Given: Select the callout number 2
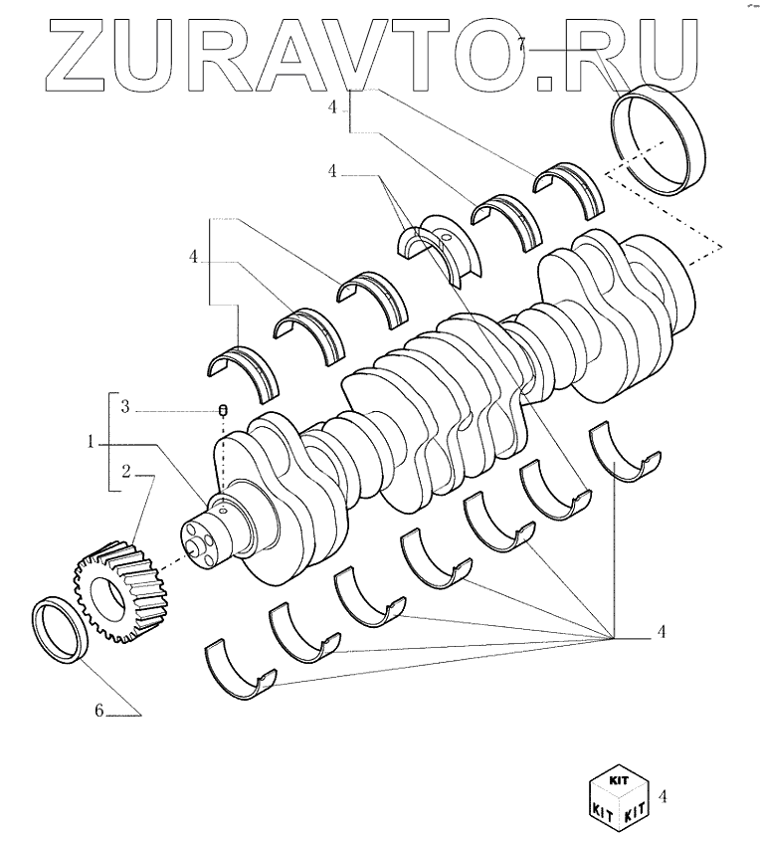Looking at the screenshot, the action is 126,470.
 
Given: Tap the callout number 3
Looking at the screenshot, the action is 124,406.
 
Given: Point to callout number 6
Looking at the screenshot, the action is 98,711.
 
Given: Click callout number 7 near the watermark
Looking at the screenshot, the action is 521,42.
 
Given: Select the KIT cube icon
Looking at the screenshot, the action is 616,795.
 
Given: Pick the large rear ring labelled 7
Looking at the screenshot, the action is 658,141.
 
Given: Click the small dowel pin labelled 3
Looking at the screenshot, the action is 223,410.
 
